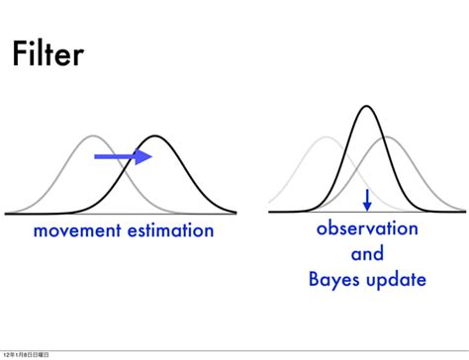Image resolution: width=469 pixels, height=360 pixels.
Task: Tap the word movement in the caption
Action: tap(75, 231)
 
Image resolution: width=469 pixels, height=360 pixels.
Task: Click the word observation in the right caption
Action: tap(367, 229)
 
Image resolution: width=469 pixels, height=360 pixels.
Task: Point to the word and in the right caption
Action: tap(367, 254)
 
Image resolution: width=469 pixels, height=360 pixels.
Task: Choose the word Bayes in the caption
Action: tap(334, 280)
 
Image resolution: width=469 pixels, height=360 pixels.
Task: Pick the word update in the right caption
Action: tap(396, 281)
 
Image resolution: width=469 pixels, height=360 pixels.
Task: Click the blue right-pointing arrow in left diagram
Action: tap(123, 156)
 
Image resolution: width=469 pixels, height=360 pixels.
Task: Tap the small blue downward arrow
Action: tap(367, 199)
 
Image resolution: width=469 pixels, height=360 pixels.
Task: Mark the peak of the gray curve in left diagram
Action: tap(92, 136)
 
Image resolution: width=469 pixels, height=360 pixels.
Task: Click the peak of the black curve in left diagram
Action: tap(155, 136)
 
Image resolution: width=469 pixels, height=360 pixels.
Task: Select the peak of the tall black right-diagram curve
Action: tap(367, 106)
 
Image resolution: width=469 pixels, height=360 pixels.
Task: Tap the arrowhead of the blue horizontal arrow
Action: tap(144, 156)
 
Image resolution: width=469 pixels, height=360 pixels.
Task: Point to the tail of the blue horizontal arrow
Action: tap(97, 156)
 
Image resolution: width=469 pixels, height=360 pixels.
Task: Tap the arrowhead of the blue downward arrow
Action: tap(367, 206)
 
